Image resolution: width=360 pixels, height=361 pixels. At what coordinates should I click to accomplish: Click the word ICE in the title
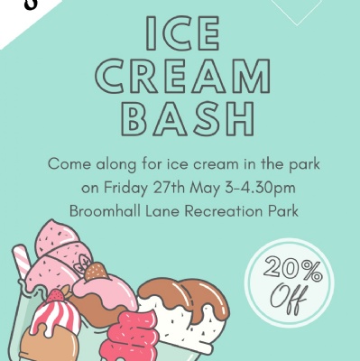click(x=182, y=33)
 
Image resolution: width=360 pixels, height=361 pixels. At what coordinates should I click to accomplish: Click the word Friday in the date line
click(x=126, y=189)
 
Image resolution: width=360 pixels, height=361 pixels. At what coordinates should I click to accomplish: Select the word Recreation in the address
click(x=224, y=211)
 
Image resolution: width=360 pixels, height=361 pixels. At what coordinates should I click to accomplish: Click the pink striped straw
click(x=22, y=262)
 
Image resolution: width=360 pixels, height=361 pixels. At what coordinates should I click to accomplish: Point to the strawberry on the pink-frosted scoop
click(x=96, y=271)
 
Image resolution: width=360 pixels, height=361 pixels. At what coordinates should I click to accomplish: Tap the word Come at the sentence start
click(x=69, y=164)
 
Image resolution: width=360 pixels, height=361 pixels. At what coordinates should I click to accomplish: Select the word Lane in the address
click(x=162, y=211)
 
